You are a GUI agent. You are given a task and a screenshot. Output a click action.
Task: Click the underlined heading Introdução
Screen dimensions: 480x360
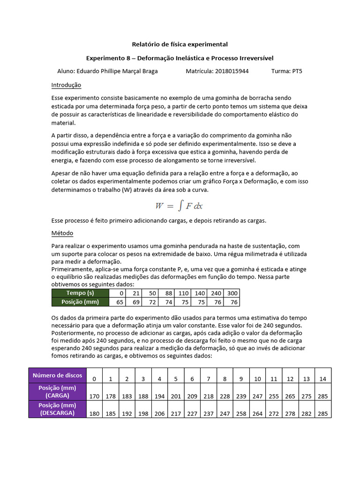66,85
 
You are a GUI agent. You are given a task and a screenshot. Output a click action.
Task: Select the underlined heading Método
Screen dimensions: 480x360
62,233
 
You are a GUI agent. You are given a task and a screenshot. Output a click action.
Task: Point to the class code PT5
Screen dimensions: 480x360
297,71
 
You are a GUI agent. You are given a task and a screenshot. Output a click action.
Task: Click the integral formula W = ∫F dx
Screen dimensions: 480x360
179,205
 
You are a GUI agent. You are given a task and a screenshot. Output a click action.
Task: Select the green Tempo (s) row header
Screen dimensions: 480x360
80,293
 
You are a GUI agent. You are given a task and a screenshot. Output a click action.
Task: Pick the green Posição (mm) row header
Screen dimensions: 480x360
80,302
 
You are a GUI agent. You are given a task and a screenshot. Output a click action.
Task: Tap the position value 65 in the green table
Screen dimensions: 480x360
120,302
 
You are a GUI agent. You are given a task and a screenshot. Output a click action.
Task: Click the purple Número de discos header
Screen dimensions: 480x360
57,375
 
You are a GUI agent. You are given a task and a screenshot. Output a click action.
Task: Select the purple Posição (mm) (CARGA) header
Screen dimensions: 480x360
57,391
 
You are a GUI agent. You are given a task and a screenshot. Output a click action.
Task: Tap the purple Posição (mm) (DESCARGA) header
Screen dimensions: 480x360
57,409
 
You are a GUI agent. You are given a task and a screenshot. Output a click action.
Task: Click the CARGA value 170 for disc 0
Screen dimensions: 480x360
94,397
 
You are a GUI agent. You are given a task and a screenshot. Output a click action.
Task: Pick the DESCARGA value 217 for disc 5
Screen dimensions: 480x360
176,414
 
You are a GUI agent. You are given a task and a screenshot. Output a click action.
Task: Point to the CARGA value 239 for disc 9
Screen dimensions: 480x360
241,397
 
